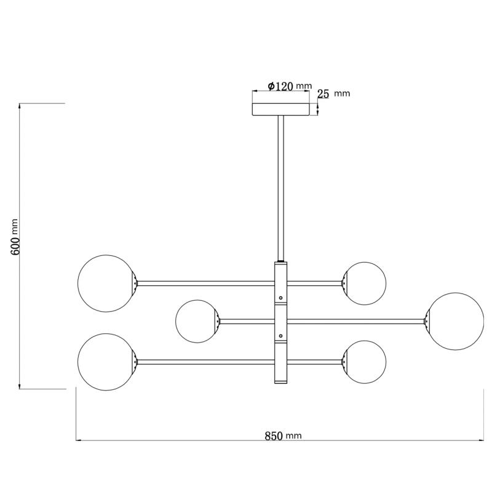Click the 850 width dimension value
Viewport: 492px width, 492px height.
pos(274,436)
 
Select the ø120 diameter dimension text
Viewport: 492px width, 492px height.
pos(280,86)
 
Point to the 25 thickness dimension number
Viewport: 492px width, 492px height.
pos(323,93)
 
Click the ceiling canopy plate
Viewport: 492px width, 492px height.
pos(281,109)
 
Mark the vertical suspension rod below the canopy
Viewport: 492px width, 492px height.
pos(280,189)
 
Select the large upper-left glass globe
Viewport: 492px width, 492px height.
pos(106,284)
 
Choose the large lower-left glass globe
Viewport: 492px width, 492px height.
pos(106,362)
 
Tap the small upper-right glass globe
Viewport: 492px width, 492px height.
pos(365,284)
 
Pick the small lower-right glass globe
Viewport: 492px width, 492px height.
pos(365,362)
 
